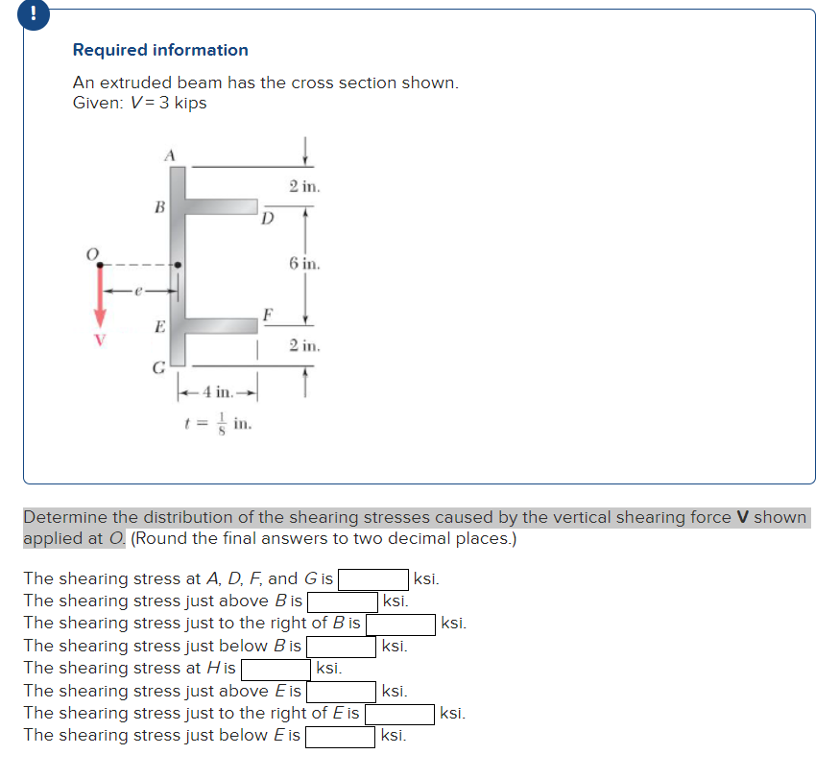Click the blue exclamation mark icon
coord(12,13)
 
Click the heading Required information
coord(160,50)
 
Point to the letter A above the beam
coord(170,153)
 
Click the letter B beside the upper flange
coord(159,206)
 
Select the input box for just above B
coord(342,602)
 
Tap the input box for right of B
coord(399,625)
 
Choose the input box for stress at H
coord(275,670)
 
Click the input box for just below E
coord(340,737)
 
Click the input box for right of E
coord(398,715)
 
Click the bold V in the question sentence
coord(742,517)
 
